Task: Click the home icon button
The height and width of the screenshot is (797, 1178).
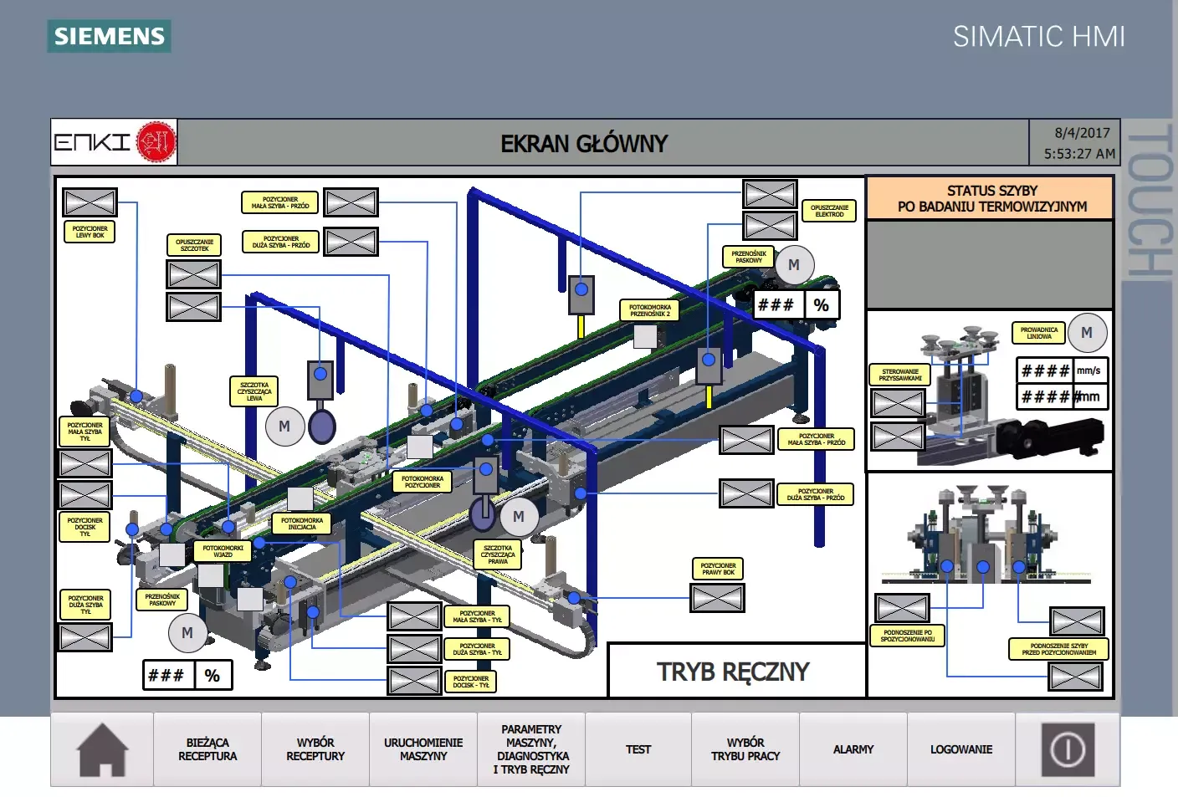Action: click(x=102, y=750)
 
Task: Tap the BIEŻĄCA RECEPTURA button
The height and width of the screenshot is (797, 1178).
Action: click(x=207, y=749)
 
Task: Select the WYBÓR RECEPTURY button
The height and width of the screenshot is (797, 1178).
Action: click(x=315, y=749)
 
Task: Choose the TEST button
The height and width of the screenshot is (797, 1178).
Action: click(x=638, y=749)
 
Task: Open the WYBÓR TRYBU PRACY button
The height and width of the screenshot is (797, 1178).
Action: click(x=745, y=749)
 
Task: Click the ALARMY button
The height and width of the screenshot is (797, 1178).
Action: click(x=853, y=749)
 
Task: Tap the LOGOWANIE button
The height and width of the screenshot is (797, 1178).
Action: click(x=961, y=749)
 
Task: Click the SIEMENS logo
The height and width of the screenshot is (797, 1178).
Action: click(x=110, y=36)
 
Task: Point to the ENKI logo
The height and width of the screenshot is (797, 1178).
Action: click(x=115, y=142)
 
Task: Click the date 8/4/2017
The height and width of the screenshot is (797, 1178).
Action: click(x=1082, y=133)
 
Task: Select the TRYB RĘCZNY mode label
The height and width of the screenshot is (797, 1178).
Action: click(x=733, y=672)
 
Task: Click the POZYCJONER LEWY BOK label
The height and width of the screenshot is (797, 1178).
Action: click(x=90, y=232)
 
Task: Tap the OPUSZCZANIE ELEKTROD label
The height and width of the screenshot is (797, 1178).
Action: click(x=829, y=211)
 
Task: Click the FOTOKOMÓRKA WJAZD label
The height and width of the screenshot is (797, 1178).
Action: click(x=223, y=551)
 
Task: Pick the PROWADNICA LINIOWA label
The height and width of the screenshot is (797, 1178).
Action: click(x=1038, y=333)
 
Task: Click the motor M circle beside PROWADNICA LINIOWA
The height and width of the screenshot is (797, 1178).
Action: click(x=1087, y=333)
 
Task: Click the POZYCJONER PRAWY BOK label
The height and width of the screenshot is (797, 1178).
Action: click(x=718, y=569)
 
